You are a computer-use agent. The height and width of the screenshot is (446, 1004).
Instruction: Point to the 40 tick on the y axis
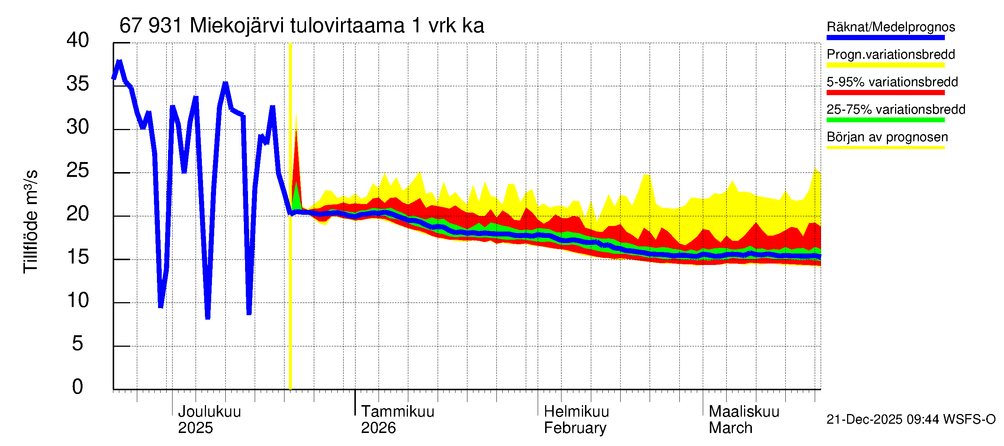(x=78, y=40)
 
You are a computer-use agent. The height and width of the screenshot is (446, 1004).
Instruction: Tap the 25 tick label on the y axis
(x=78, y=170)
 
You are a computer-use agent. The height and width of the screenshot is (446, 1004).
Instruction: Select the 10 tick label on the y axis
(x=78, y=300)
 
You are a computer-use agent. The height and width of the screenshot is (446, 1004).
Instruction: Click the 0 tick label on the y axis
(x=78, y=387)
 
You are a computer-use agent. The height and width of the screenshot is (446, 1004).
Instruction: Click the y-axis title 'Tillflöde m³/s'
(x=30, y=222)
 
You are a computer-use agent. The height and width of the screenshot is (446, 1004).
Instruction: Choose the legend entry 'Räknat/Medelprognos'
(x=891, y=27)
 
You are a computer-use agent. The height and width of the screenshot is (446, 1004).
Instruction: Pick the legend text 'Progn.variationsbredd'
(x=891, y=55)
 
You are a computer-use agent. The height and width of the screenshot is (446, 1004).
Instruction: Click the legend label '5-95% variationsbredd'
(x=892, y=82)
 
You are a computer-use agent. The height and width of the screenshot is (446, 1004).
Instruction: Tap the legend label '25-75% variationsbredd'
(x=896, y=109)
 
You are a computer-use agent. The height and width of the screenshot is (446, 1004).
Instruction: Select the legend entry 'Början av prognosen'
(x=887, y=137)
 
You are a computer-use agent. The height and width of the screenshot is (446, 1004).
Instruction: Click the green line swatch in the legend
(x=885, y=120)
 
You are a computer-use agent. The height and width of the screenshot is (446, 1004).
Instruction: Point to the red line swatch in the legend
(x=885, y=93)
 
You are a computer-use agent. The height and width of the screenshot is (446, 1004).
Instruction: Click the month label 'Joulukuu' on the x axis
(x=209, y=412)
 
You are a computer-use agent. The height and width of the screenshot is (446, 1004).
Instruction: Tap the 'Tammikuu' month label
(x=397, y=412)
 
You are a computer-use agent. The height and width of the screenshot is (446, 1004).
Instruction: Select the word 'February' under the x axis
(x=575, y=428)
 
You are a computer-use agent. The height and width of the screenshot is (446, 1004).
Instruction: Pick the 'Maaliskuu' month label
(x=744, y=412)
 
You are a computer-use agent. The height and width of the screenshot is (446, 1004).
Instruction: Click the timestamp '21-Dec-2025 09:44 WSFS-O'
(x=911, y=420)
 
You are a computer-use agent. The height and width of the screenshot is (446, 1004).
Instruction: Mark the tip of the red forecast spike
(x=296, y=130)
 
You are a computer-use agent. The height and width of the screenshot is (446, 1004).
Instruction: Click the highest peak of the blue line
(x=119, y=61)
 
